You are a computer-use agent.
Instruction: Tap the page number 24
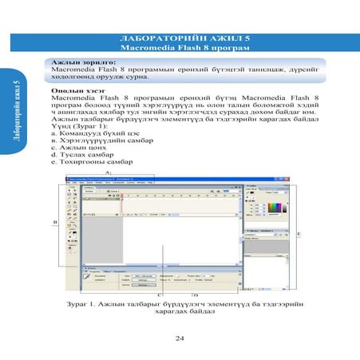click(x=180, y=338)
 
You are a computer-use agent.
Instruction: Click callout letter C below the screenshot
click(x=162, y=295)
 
